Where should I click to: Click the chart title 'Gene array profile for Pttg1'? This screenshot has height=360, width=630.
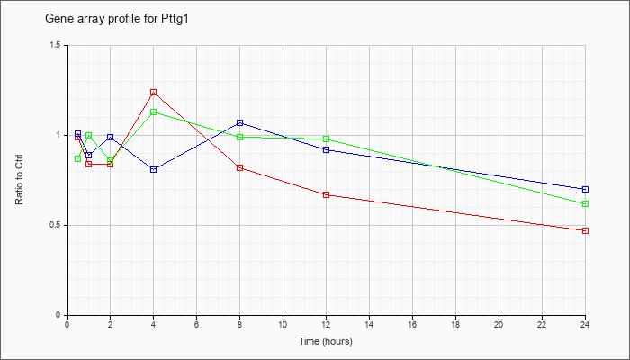pyautogui.click(x=116, y=19)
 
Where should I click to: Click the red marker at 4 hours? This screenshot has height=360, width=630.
pyautogui.click(x=153, y=93)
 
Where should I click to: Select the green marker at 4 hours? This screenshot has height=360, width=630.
pyautogui.click(x=153, y=112)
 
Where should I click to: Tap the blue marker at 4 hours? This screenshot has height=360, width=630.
pyautogui.click(x=153, y=169)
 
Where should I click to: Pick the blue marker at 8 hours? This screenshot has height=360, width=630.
pyautogui.click(x=240, y=123)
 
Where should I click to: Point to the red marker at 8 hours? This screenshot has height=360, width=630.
pyautogui.click(x=240, y=168)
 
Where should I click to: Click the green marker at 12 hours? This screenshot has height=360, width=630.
pyautogui.click(x=326, y=139)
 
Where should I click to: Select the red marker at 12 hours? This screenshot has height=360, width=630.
pyautogui.click(x=326, y=195)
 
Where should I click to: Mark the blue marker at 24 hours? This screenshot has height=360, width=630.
pyautogui.click(x=585, y=189)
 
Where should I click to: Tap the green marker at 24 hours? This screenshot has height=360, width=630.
pyautogui.click(x=585, y=203)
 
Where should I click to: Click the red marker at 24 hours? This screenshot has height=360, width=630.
pyautogui.click(x=585, y=230)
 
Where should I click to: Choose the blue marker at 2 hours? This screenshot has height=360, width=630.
pyautogui.click(x=110, y=138)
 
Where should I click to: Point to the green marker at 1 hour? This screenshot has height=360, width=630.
pyautogui.click(x=89, y=136)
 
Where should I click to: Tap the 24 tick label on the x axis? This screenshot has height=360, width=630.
pyautogui.click(x=585, y=325)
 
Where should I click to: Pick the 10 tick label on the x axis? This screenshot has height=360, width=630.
pyautogui.click(x=283, y=325)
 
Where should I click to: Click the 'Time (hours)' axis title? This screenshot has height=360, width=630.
pyautogui.click(x=326, y=341)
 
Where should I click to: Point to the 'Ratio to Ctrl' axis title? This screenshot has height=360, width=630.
pyautogui.click(x=19, y=179)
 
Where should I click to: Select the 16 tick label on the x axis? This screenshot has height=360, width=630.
pyautogui.click(x=412, y=325)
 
